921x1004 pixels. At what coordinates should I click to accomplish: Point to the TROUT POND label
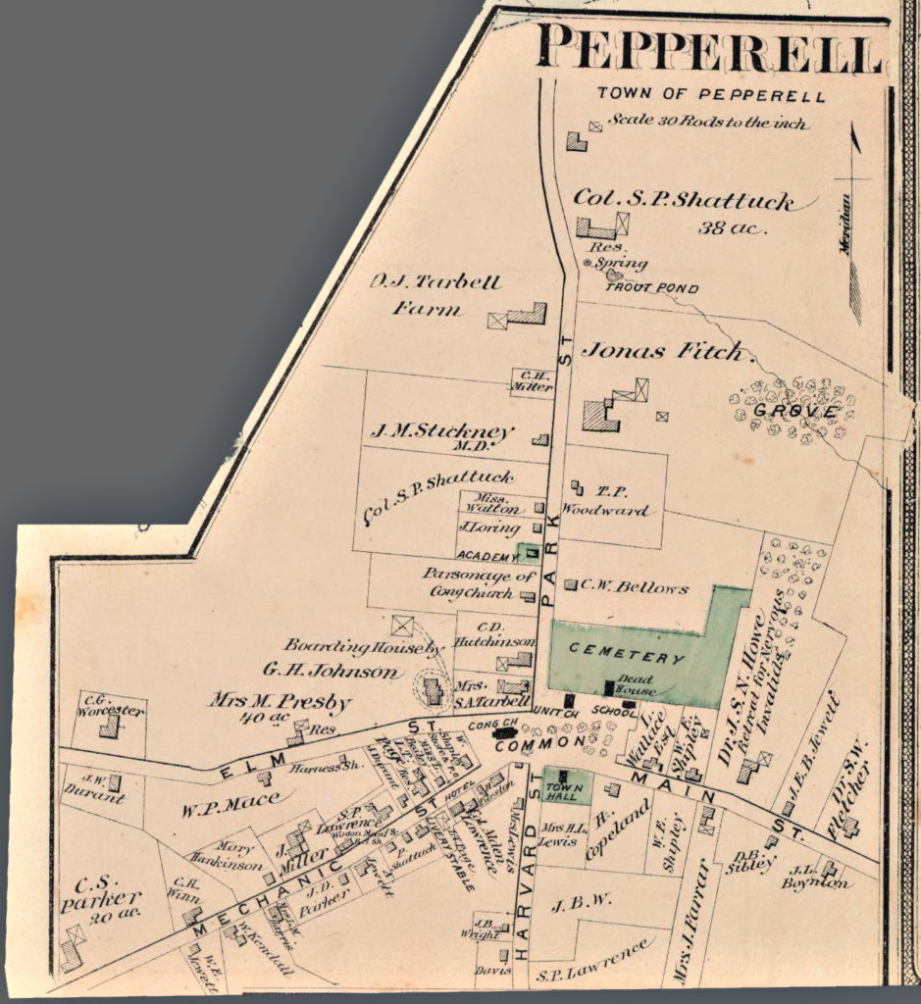pos(651,289)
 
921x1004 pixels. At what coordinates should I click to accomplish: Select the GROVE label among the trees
pos(793,410)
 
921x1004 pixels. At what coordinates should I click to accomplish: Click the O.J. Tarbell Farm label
pos(435,295)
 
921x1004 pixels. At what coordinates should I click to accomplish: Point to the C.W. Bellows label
pos(634,588)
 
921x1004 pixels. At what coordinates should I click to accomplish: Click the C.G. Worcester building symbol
pos(109,727)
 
